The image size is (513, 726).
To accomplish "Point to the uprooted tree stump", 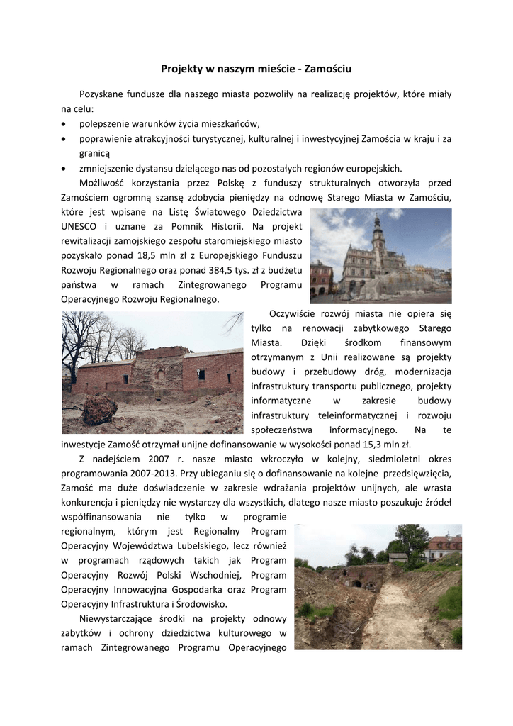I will [x=100, y=409].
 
